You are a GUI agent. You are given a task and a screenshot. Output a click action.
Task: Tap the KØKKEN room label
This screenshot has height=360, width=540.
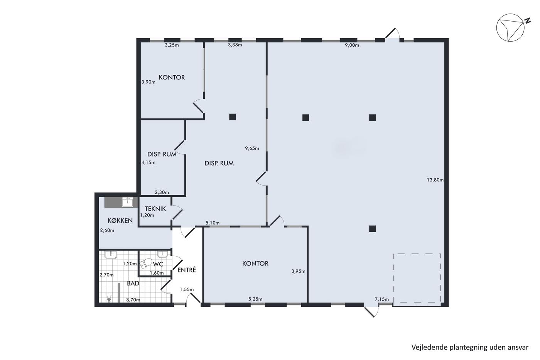(120, 220)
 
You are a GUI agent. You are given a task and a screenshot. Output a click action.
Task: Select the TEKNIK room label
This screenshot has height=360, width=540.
(155, 209)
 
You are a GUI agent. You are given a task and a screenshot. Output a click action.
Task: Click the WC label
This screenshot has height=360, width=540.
(158, 264)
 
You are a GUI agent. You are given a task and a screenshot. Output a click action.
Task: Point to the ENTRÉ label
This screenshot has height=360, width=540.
(187, 270)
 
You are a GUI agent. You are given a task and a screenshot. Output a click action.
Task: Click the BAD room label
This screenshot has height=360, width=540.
(133, 283)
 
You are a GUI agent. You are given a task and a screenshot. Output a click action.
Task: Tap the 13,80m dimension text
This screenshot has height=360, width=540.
(435, 180)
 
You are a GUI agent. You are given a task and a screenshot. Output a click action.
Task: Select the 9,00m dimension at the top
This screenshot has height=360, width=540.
(352, 45)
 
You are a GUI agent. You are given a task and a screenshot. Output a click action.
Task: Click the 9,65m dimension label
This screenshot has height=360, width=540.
(252, 148)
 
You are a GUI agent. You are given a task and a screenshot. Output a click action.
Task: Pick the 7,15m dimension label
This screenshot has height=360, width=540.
(382, 299)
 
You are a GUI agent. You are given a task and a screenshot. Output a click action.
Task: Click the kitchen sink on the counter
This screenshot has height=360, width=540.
(128, 202)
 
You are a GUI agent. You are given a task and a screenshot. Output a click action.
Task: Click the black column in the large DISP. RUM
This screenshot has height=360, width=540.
(232, 117)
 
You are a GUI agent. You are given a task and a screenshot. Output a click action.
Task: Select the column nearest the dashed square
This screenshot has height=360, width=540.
(373, 228)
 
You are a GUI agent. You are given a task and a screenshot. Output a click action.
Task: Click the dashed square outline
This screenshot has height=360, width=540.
(393, 278)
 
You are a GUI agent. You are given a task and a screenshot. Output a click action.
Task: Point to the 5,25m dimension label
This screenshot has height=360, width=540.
(255, 299)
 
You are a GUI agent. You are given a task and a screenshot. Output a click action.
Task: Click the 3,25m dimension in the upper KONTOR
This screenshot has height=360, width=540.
(172, 45)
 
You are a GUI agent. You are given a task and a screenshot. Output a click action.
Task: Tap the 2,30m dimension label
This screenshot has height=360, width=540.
(162, 193)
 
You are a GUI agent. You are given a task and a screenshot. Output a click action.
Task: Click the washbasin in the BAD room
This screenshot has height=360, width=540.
(111, 255)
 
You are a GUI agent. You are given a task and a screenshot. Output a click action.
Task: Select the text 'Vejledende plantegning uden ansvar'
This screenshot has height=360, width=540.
(470, 347)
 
